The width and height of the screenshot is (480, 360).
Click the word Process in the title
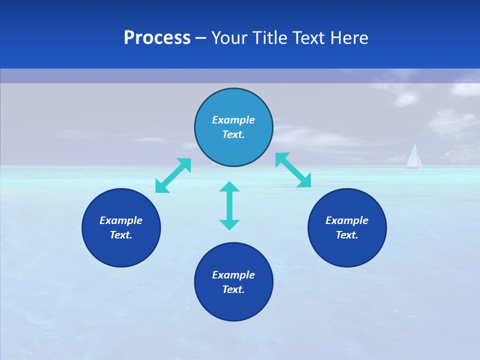pos(157,38)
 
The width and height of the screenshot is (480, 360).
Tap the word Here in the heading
pos(350,38)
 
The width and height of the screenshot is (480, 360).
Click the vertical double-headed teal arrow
pos(229,205)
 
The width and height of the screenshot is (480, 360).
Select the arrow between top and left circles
pos(173,175)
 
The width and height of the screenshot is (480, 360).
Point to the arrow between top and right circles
pos(293,170)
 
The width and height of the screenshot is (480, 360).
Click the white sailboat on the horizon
pos(413,157)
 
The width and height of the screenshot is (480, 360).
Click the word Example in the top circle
pos(233,120)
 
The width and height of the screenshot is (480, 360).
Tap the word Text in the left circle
pos(121,235)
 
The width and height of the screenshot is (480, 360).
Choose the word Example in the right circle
pos(347,220)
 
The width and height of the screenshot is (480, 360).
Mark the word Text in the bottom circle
pos(233,289)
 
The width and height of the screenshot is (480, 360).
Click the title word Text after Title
pos(309,38)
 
